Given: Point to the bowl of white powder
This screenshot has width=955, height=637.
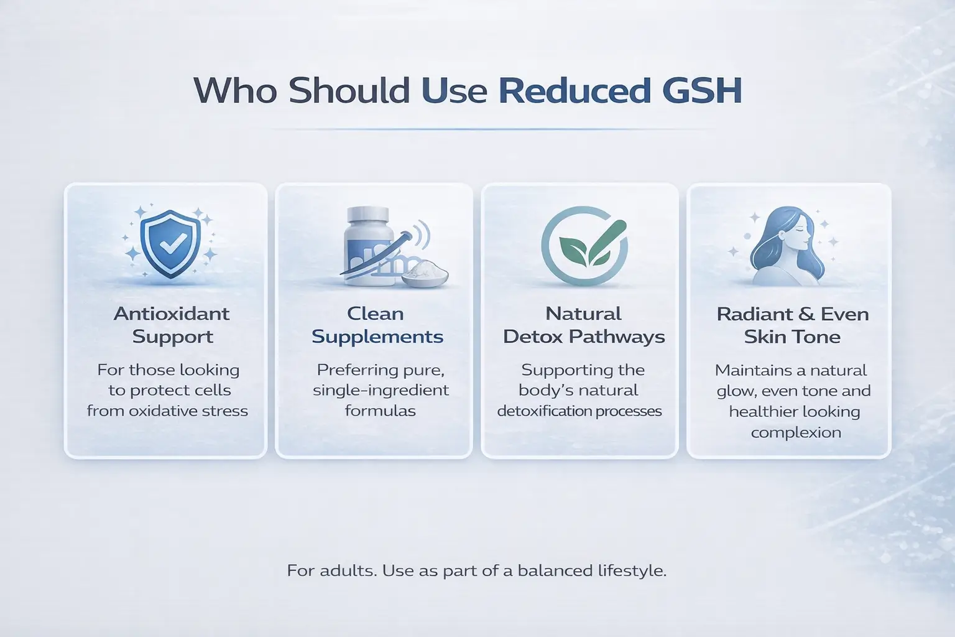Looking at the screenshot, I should click(425, 274).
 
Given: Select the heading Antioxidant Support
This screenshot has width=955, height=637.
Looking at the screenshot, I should click(172, 325).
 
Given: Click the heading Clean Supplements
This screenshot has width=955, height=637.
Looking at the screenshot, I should click(377, 325).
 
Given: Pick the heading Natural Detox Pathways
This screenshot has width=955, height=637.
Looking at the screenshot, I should click(583, 325).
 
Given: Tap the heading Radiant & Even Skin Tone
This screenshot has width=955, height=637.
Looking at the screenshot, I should click(792, 325).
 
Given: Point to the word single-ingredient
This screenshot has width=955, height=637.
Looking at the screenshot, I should click(381, 391).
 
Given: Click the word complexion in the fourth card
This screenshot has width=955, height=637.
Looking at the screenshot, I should click(795, 432).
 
